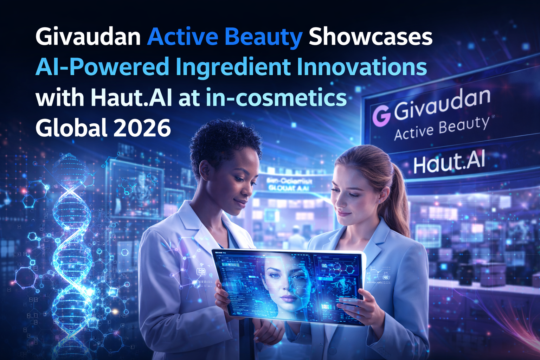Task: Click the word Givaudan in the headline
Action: pos(88,37)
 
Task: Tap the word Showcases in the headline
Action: pos(371,37)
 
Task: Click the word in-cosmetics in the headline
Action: pos(276,97)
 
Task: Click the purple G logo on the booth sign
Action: pos(381,116)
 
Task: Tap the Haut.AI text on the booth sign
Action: pos(449,163)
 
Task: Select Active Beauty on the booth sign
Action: pos(442,128)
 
